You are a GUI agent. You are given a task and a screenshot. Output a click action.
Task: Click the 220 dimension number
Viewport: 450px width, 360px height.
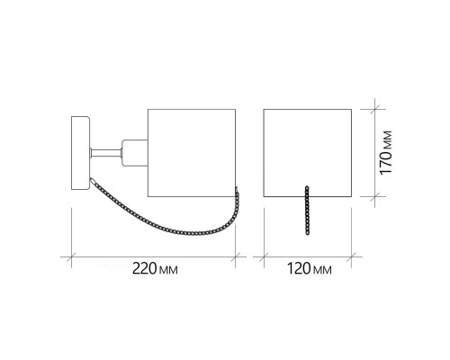click(x=145, y=268)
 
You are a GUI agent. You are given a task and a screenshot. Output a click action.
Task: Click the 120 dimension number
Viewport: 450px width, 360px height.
click(x=299, y=268)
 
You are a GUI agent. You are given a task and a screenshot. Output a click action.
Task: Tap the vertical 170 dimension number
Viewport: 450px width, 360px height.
click(x=386, y=162)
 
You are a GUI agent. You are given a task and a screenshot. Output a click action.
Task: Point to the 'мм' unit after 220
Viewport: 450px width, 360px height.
click(x=168, y=270)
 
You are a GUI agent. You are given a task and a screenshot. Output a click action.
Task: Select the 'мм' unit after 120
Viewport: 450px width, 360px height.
click(x=322, y=270)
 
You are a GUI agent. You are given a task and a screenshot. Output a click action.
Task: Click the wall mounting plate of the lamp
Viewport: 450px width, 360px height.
click(x=80, y=153)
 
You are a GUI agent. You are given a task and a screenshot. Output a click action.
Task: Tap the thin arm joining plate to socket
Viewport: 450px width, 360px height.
click(x=105, y=153)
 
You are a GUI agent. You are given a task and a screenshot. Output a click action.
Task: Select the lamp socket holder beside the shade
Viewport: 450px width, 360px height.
click(x=134, y=153)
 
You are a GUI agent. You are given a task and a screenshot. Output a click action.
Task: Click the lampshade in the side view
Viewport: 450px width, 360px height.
click(x=192, y=153)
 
